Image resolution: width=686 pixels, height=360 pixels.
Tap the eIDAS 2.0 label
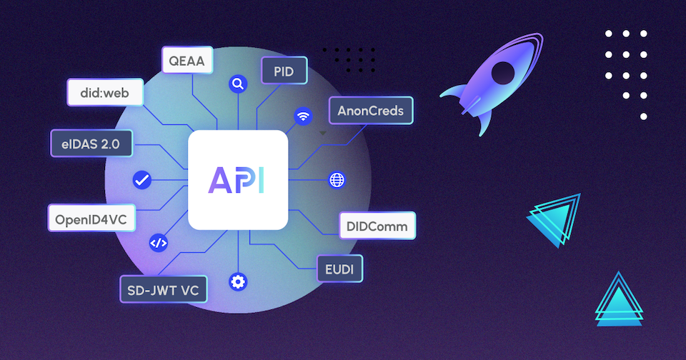(90, 144)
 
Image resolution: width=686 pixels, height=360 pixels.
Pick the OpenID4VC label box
(91, 219)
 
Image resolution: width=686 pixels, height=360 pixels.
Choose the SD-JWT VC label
(163, 290)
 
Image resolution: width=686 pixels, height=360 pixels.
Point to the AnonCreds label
(371, 111)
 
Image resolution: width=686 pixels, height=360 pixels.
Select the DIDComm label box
(377, 226)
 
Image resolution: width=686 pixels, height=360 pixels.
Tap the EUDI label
(339, 269)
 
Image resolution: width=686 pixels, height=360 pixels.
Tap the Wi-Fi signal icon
(303, 116)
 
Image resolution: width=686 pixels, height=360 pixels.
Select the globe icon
(337, 180)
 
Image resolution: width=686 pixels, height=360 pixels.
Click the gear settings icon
(237, 281)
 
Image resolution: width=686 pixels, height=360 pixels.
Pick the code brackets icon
(158, 243)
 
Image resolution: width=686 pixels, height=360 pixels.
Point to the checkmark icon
(141, 180)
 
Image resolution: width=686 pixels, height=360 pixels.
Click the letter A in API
(220, 180)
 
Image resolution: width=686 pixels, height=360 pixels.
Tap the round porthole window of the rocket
(503, 71)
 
